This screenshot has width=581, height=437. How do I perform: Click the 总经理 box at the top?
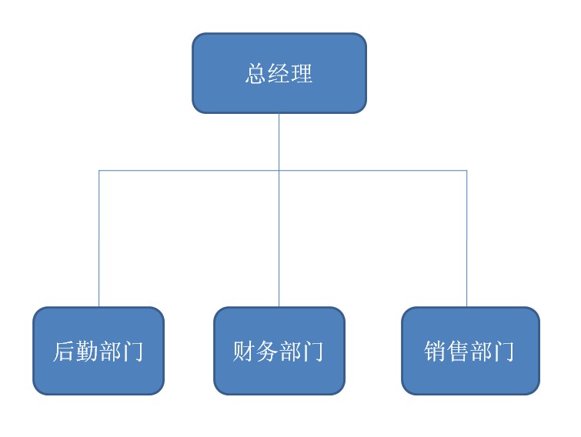click(x=279, y=73)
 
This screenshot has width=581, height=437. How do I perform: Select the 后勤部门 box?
click(x=99, y=351)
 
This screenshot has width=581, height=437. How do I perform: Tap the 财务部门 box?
click(x=279, y=351)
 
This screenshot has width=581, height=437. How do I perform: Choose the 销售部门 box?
click(x=470, y=351)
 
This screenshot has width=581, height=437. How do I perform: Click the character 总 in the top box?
click(x=255, y=73)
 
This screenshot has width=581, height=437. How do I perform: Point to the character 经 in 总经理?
click(x=279, y=73)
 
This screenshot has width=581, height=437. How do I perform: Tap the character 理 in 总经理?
click(x=302, y=73)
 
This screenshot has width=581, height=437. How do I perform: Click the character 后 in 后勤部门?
click(x=64, y=351)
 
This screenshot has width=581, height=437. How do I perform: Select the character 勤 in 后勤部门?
click(x=87, y=351)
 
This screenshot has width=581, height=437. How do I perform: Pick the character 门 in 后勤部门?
click(x=132, y=351)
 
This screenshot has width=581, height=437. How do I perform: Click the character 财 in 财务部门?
click(x=244, y=351)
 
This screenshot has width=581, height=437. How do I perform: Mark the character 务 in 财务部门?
click(x=267, y=351)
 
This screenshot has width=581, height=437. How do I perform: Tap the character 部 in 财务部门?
click(x=290, y=351)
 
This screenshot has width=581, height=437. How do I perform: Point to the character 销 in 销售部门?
click(x=435, y=351)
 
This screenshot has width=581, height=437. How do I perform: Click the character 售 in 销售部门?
click(x=458, y=351)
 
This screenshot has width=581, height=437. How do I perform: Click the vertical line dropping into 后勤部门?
click(x=99, y=239)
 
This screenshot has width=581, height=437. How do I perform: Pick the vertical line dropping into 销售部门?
click(x=466, y=239)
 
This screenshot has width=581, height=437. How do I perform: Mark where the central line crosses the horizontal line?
click(x=279, y=171)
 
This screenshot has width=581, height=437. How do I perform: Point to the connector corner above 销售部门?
click(x=466, y=171)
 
